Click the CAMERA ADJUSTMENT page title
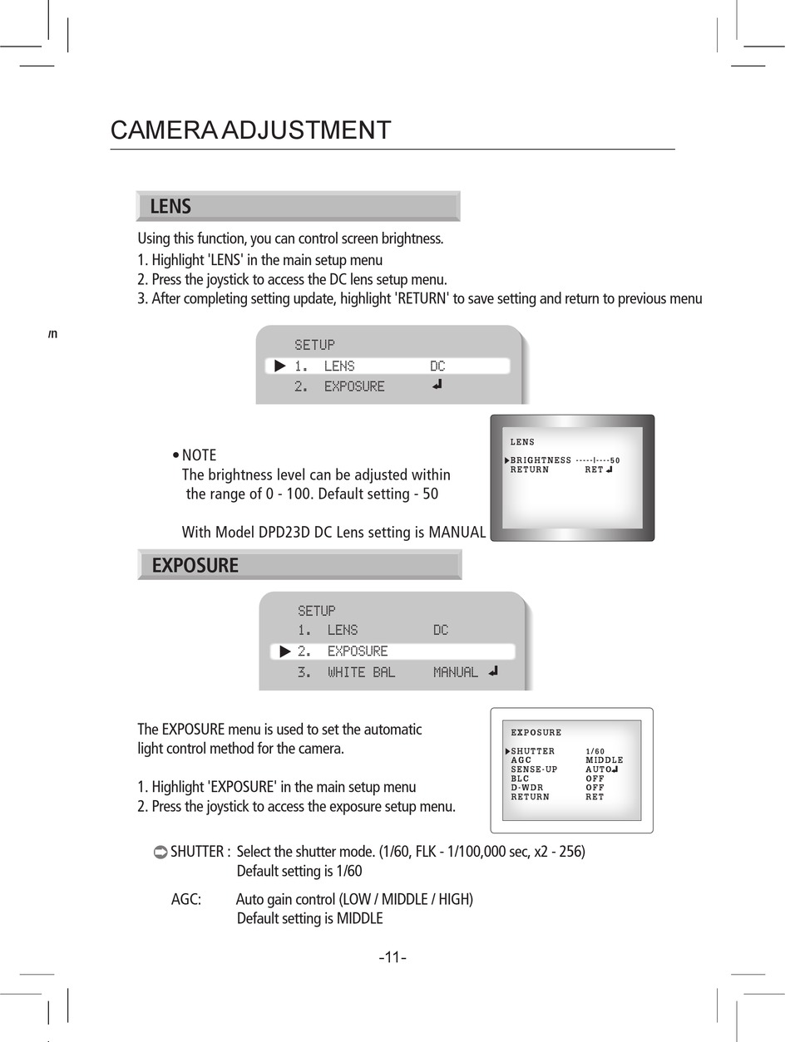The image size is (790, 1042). (x=250, y=130)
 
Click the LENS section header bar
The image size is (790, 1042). (x=298, y=206)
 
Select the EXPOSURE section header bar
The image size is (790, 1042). (x=299, y=566)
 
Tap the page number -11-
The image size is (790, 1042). (x=393, y=957)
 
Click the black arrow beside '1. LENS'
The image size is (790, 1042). (x=280, y=366)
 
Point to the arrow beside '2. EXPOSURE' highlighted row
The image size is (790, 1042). (x=285, y=651)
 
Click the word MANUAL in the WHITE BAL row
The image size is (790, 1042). (x=455, y=672)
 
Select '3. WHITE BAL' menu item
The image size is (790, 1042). (x=347, y=672)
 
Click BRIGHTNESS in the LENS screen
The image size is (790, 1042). (x=541, y=460)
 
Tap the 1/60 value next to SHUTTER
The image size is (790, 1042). (x=595, y=751)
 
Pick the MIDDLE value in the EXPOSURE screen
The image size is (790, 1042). (x=604, y=760)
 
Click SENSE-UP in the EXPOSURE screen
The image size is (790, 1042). (x=534, y=769)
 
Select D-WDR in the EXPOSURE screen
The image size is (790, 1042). (x=526, y=788)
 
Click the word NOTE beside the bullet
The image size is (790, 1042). (x=199, y=455)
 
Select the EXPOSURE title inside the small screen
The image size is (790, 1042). (x=536, y=733)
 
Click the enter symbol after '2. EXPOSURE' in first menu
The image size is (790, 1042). (x=437, y=385)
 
